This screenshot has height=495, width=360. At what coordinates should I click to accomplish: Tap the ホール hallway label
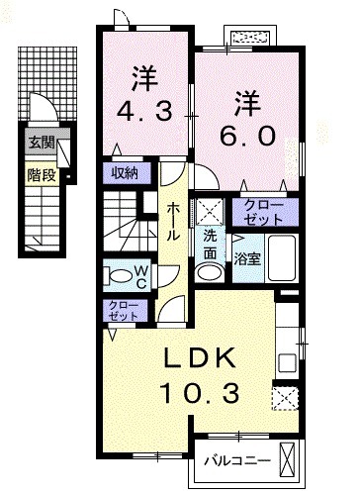(x=174, y=223)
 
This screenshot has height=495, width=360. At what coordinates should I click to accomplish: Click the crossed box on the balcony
(x=288, y=459)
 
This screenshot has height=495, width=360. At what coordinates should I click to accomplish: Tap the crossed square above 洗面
(x=209, y=210)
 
